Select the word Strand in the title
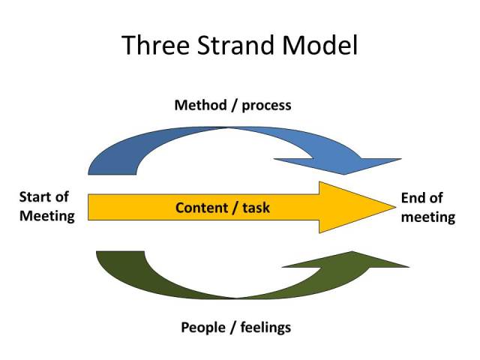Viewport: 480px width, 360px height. point(232,46)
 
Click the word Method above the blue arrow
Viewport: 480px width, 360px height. point(199,105)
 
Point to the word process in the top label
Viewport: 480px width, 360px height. point(265,106)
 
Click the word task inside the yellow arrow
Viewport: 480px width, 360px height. point(256,208)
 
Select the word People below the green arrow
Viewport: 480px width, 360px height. point(203,327)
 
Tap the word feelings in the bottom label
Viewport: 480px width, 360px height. point(265,328)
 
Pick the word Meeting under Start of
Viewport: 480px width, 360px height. point(47,217)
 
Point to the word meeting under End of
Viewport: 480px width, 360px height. point(428,217)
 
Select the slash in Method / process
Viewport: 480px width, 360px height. point(234,105)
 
